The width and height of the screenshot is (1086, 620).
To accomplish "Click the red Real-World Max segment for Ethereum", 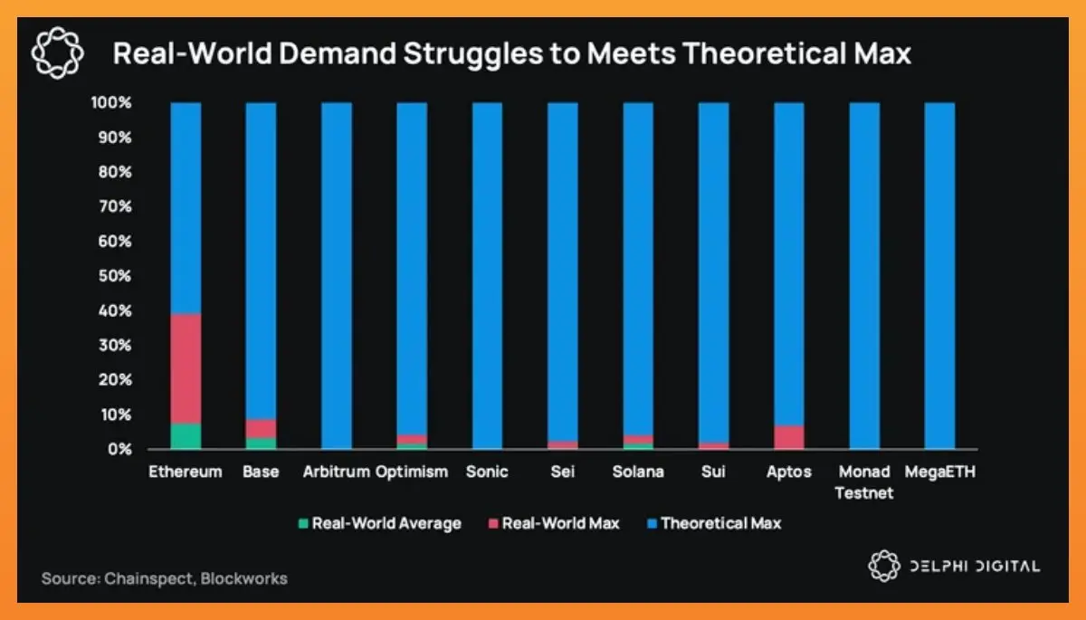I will pyautogui.click(x=186, y=368).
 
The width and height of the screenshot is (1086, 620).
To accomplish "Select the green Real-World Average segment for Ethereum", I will pyautogui.click(x=186, y=435).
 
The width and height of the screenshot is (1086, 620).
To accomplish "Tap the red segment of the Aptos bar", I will pyautogui.click(x=788, y=436).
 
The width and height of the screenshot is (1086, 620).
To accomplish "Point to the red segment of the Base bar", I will pyautogui.click(x=262, y=428).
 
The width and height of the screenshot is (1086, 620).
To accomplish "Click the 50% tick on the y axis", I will pyautogui.click(x=112, y=276).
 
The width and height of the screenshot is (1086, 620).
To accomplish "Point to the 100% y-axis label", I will pyautogui.click(x=110, y=103).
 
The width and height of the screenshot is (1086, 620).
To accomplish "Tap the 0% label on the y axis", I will pyautogui.click(x=118, y=450).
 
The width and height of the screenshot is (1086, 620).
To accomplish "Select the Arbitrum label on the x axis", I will pyautogui.click(x=337, y=472).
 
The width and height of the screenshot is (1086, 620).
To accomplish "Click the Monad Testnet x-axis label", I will pyautogui.click(x=864, y=482).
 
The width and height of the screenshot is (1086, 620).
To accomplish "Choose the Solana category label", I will pyautogui.click(x=637, y=472).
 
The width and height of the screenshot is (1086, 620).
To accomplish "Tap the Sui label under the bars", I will pyautogui.click(x=713, y=472).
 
